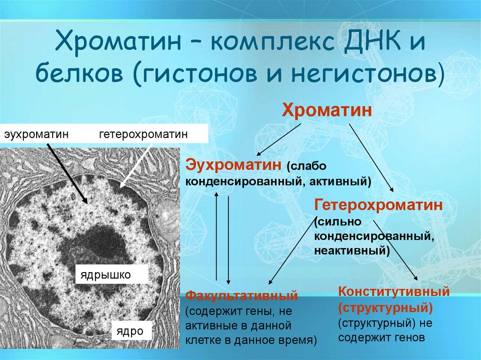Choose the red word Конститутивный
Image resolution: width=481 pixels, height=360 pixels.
pos(394,292)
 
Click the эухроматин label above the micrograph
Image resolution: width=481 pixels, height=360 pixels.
pos(37,135)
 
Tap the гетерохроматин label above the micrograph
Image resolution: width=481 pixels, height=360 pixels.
pos(143,135)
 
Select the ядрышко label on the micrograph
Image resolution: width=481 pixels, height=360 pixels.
pos(105,274)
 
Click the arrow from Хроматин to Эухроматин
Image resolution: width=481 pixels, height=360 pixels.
pos(279,141)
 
